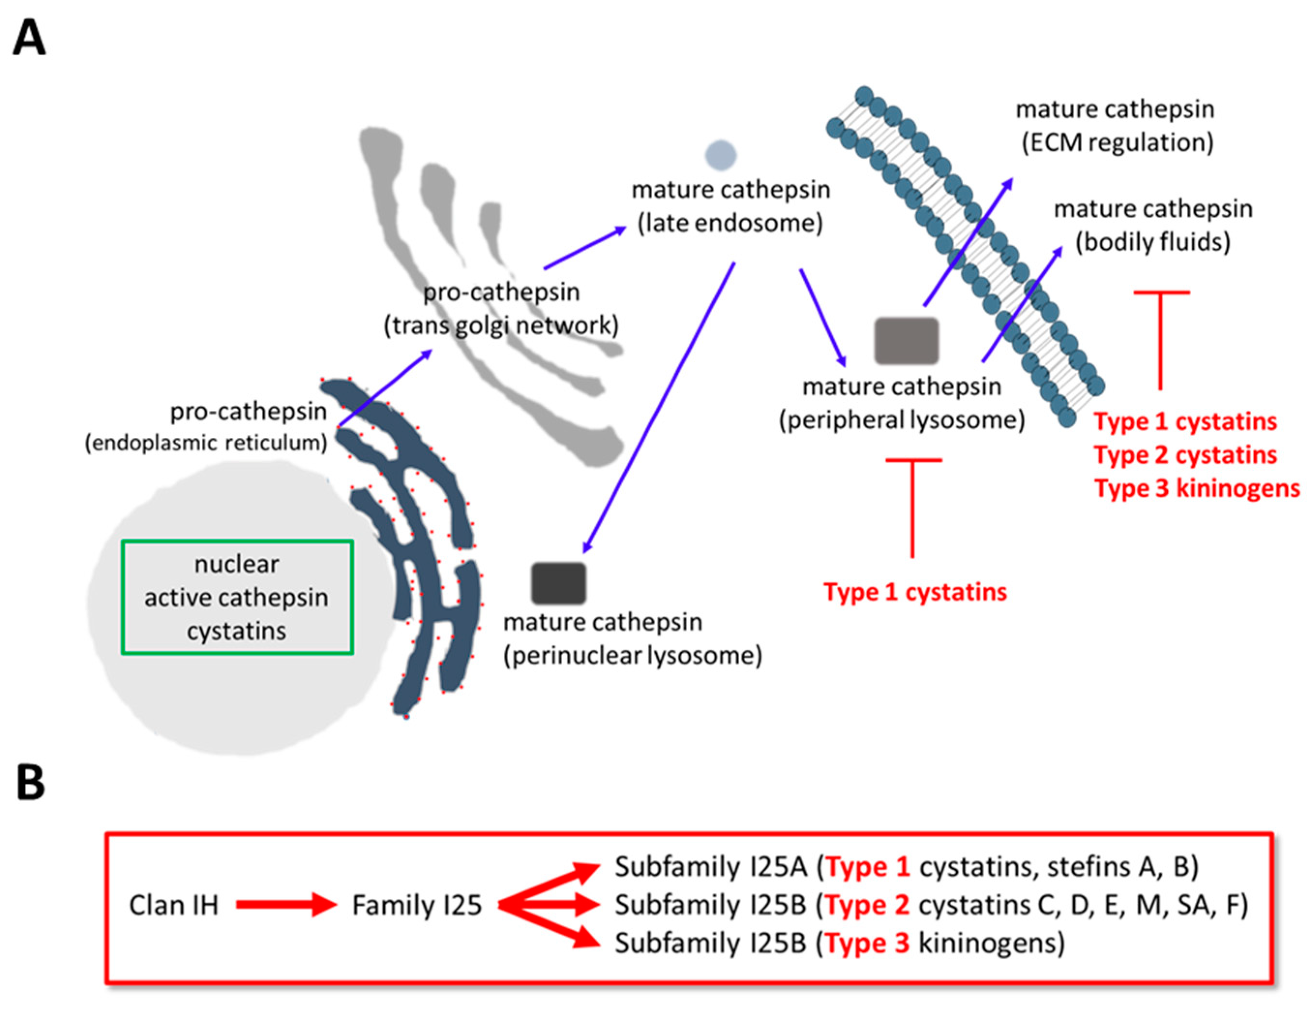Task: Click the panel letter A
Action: click(x=29, y=37)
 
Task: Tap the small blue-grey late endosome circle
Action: click(x=721, y=154)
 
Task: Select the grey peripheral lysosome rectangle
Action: click(x=906, y=341)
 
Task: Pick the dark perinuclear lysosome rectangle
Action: click(x=558, y=582)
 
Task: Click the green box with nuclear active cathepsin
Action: click(x=237, y=597)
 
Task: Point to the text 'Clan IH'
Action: click(x=174, y=905)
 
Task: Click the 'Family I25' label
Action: click(x=417, y=905)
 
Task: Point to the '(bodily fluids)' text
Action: click(x=1153, y=242)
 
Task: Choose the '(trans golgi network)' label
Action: click(x=501, y=326)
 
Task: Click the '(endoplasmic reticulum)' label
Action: click(x=206, y=443)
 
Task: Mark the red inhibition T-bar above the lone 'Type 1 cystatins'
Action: click(x=913, y=505)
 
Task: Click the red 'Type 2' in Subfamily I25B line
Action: click(x=867, y=905)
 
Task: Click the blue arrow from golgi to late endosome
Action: click(x=584, y=248)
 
